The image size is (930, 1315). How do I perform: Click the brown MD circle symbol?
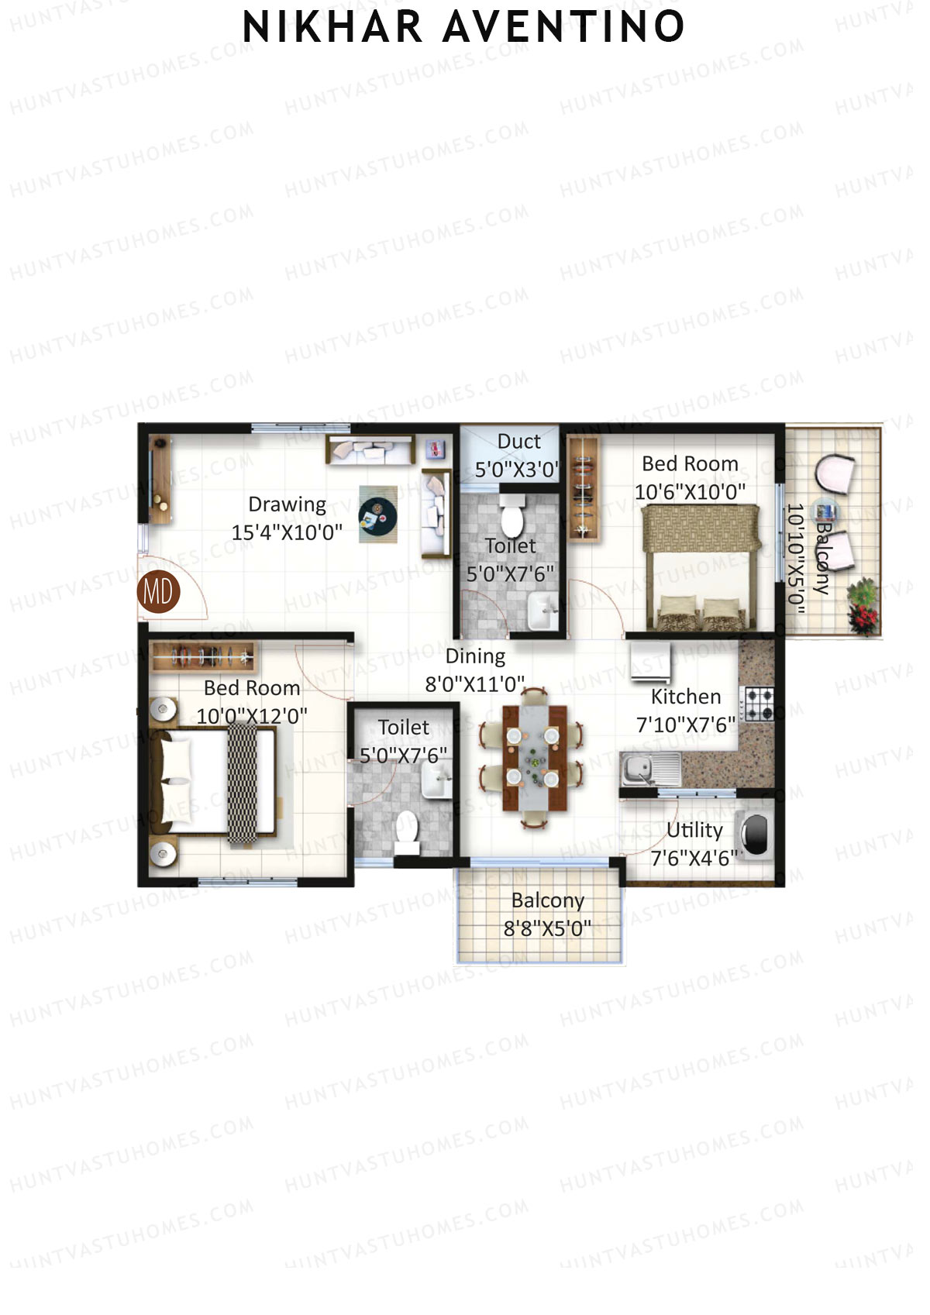[x=158, y=592]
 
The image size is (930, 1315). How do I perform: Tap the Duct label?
[x=518, y=442]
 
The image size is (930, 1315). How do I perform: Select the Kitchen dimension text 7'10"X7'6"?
[x=685, y=725]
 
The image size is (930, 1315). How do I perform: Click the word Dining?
[x=475, y=656]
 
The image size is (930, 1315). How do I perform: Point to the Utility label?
[x=694, y=830]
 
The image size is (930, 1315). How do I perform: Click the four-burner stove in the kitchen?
[x=758, y=704]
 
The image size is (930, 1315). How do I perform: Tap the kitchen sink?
[x=639, y=769]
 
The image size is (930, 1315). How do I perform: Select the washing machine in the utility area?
[x=754, y=835]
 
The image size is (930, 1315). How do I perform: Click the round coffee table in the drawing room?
[x=377, y=515]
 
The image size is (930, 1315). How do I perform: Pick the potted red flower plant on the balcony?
[x=862, y=605]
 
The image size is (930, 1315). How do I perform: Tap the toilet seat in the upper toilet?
[x=511, y=517]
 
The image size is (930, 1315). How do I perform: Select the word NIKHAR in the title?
[x=332, y=27]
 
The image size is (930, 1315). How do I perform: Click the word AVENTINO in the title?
[x=563, y=27]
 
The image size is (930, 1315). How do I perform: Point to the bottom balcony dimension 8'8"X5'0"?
[x=547, y=928]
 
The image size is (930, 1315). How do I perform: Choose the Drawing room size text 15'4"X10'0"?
[x=287, y=532]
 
